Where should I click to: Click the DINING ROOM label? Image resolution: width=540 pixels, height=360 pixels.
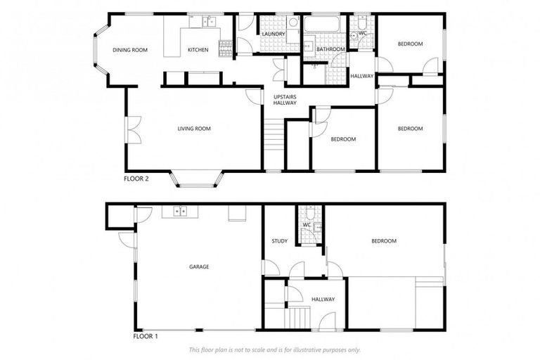130,50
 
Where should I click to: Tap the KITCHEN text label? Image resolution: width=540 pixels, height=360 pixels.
198,50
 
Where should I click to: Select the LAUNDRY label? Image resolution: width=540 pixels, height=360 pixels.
272,34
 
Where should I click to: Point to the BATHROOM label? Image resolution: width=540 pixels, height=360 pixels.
330,50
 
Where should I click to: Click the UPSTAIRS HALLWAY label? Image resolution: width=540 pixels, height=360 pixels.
285,99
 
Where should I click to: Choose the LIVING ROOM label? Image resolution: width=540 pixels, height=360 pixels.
194,129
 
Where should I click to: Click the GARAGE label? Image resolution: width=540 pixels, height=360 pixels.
199,266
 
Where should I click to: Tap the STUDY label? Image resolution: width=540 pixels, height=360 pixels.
279,241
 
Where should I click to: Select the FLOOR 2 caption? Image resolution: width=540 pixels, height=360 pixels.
136,179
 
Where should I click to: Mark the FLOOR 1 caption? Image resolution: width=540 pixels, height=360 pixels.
146,336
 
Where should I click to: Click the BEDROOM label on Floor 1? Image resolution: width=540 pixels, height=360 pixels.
383,241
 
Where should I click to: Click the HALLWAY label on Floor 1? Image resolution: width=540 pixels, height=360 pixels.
323,300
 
